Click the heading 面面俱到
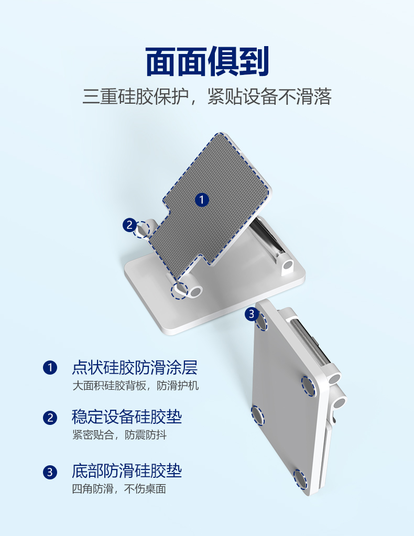207,61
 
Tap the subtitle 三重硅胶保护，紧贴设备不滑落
207,96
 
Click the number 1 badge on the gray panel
202,199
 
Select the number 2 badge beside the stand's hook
129,225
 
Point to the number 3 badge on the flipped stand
252,314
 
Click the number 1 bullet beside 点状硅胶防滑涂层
50,367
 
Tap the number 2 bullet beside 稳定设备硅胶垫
50,418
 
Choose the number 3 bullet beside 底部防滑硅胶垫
50,472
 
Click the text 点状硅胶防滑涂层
135,367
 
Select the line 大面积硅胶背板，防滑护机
135,386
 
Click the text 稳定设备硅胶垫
127,417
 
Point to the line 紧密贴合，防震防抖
119,435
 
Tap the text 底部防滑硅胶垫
127,471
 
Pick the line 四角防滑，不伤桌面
119,489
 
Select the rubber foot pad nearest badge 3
262,321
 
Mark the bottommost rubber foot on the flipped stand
300,479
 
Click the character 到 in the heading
254,61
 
